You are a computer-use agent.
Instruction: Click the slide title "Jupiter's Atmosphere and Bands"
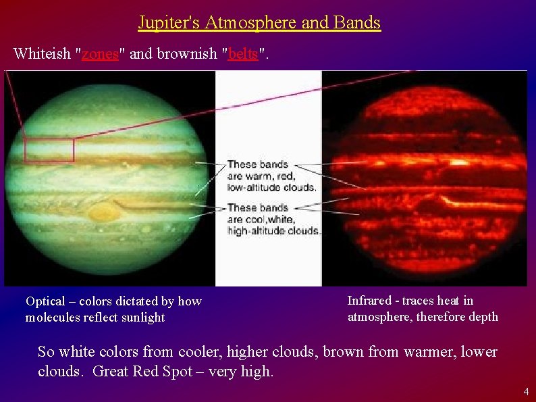click(x=259, y=23)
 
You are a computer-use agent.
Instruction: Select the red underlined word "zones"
click(x=100, y=54)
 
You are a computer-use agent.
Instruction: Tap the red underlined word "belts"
click(x=243, y=54)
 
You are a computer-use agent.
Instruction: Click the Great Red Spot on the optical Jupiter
click(x=102, y=213)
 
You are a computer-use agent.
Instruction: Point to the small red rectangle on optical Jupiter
click(x=49, y=150)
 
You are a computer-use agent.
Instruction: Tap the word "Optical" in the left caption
click(x=45, y=301)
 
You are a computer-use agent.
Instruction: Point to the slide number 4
click(x=526, y=392)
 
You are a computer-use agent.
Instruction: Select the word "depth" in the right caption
click(x=483, y=317)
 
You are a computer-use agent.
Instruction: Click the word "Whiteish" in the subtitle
click(x=42, y=54)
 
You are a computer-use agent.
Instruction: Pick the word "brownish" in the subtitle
click(x=187, y=54)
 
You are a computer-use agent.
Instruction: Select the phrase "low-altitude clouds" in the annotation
click(x=271, y=186)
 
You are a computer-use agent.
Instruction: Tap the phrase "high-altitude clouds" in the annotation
click(x=273, y=230)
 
